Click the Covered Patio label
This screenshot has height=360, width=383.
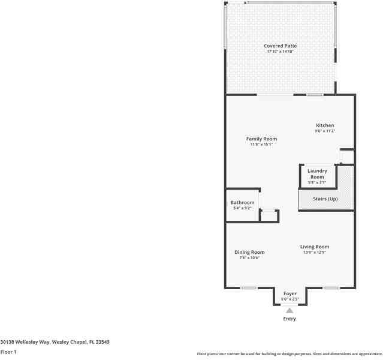(280, 46)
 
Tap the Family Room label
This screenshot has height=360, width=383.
(261, 139)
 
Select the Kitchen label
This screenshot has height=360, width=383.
(325, 125)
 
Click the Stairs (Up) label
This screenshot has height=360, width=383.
(325, 199)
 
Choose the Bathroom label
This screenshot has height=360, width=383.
(242, 203)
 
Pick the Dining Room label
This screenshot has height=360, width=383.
(249, 252)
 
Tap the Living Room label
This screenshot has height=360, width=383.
(315, 247)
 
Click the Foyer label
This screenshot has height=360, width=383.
(290, 293)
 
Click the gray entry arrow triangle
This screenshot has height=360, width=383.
(289, 310)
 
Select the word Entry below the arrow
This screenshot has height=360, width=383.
(289, 319)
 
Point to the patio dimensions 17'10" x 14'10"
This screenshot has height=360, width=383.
(280, 52)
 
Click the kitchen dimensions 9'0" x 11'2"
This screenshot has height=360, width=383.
(325, 131)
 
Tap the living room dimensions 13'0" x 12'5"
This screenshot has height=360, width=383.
(315, 252)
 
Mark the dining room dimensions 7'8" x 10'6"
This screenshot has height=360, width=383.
(249, 257)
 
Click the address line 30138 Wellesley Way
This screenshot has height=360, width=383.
(55, 341)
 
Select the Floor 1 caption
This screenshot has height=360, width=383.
(8, 352)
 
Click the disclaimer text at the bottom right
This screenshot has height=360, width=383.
(289, 354)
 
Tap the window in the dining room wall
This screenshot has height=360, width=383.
(249, 288)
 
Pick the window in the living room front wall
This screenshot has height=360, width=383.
(331, 288)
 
